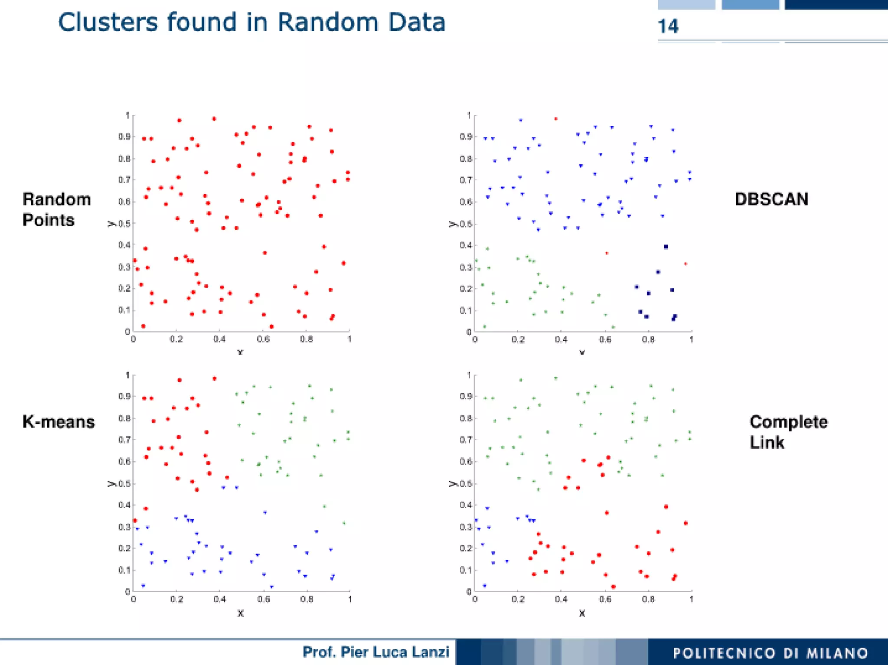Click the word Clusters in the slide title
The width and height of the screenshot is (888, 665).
click(x=108, y=23)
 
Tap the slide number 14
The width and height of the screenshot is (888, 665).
click(x=668, y=26)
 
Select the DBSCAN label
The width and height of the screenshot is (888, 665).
click(x=771, y=199)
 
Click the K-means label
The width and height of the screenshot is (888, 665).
click(x=59, y=422)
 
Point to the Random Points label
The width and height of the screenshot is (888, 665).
click(x=56, y=210)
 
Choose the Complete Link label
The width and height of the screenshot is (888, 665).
click(x=788, y=432)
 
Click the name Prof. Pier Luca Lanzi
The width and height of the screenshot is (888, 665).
click(x=375, y=652)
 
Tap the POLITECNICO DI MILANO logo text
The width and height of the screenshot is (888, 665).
click(x=770, y=653)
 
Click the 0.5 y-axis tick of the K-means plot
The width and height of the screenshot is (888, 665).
click(x=124, y=483)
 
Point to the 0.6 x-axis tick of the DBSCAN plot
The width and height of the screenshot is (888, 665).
click(x=604, y=339)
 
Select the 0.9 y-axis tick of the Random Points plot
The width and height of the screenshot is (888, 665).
click(x=124, y=137)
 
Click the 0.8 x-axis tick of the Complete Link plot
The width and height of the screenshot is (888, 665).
click(x=648, y=599)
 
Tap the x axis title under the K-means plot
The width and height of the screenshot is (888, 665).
click(x=241, y=613)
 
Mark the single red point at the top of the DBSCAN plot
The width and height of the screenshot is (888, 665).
click(x=556, y=118)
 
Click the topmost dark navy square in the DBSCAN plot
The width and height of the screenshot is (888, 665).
click(x=666, y=247)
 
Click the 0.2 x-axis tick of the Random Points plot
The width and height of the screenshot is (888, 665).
click(x=176, y=339)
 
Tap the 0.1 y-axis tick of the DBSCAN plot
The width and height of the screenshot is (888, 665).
click(x=466, y=310)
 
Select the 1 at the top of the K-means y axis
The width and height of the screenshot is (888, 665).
click(x=127, y=375)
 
